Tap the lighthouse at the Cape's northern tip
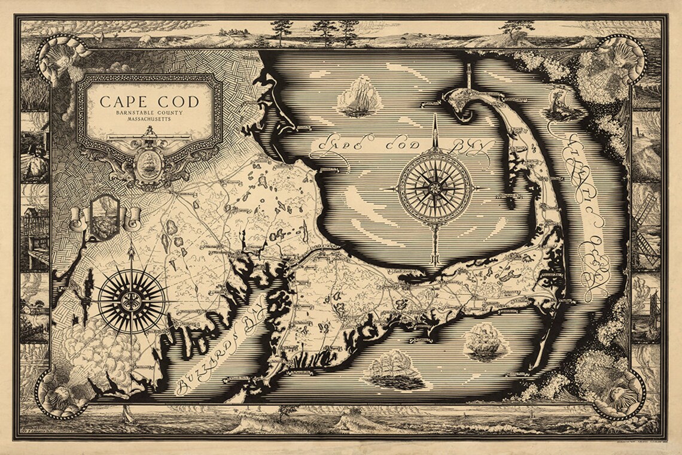click(x=469, y=77)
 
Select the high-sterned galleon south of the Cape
click(x=485, y=341)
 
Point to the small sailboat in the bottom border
click(x=126, y=413)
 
